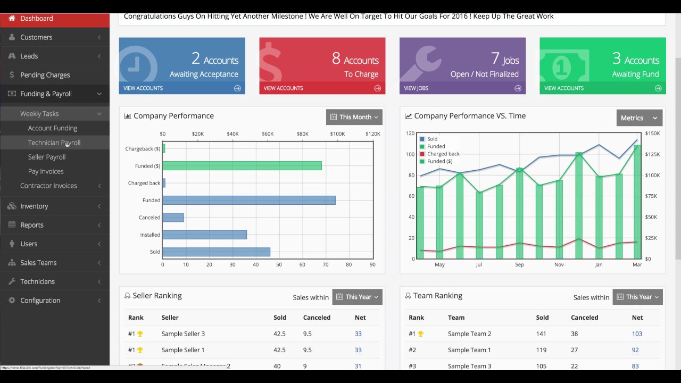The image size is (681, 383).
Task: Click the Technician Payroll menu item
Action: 54,143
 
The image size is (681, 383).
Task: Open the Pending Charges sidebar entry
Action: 45,75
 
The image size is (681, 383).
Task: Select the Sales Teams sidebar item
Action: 38,263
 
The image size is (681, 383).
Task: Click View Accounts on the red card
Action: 283,88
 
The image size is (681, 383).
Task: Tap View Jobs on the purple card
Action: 416,88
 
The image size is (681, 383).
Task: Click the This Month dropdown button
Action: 354,117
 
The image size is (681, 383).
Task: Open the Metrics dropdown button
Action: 639,118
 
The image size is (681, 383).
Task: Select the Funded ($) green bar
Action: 242,166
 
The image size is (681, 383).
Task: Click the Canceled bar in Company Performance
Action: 173,218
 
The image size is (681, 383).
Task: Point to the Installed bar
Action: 204,235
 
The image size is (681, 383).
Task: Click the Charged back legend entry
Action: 443,154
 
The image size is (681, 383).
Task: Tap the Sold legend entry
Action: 432,139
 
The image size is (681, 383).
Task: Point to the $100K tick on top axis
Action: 337,134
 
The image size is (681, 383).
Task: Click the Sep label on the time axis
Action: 519,264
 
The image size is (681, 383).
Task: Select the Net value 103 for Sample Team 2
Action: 637,334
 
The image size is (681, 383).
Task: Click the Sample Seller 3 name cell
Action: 183,334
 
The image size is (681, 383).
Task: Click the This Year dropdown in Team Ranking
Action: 637,297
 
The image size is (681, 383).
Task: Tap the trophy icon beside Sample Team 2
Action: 421,334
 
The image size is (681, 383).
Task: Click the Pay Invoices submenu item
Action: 46,171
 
